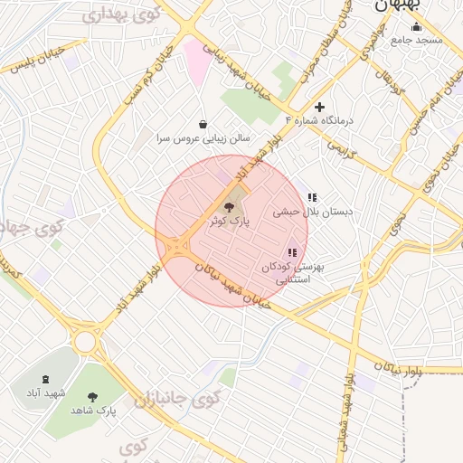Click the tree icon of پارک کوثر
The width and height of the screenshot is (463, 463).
coord(226,207)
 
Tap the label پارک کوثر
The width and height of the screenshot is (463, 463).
coord(226,221)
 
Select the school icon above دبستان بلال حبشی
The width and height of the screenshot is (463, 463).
coord(312,197)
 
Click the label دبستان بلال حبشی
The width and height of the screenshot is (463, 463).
coord(313,211)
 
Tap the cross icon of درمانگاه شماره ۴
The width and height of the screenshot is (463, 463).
coord(319,107)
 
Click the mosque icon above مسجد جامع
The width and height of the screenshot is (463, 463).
coord(416,26)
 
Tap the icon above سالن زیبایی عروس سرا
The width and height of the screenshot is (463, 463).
coord(202,124)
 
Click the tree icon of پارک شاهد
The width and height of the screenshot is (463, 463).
coord(92,396)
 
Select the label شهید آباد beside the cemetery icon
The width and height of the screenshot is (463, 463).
coord(46,393)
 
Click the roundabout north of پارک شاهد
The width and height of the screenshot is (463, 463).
coord(86,342)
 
